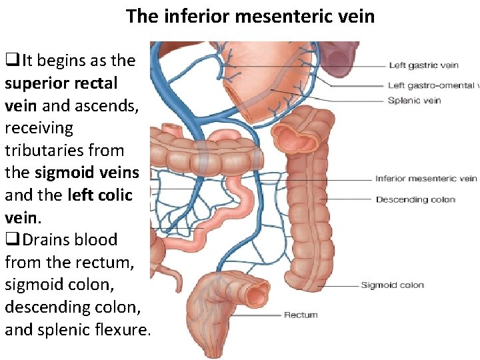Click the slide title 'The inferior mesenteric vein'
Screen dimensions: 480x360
click(250, 16)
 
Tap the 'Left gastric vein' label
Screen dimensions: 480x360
click(423, 65)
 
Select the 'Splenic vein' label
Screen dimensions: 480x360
click(414, 101)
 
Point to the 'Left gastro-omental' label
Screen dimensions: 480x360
click(433, 85)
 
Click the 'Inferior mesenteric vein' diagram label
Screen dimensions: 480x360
click(425, 178)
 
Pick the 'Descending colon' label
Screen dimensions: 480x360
click(415, 199)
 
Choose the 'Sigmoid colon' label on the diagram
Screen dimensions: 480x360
click(392, 285)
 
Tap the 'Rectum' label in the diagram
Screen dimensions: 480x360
click(301, 315)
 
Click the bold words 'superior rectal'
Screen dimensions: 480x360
click(61, 83)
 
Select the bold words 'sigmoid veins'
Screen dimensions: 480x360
click(87, 173)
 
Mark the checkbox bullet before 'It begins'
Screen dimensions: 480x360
click(11, 61)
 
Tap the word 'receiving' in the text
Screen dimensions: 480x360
click(39, 128)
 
